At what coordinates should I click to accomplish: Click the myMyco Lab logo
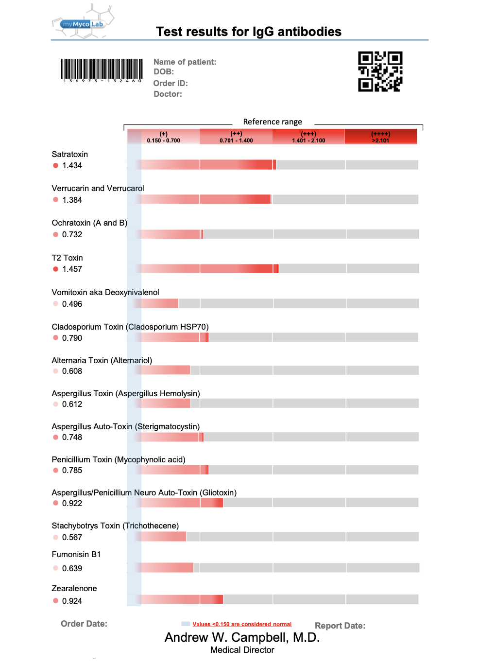pos(83,23)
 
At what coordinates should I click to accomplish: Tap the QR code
pos(380,71)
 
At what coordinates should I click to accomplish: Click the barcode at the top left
pos(102,70)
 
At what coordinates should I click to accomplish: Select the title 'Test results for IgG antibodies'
pos(248,32)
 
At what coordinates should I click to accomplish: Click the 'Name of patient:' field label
pos(185,62)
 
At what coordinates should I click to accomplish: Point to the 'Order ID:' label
pos(170,83)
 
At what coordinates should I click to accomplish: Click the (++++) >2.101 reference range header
pos(380,137)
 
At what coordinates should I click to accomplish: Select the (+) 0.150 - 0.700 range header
pos(163,137)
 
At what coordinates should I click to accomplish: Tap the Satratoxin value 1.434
pos(72,165)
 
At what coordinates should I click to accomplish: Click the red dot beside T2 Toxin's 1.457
pos(56,269)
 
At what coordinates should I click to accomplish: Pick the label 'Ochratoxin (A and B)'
pos(89,223)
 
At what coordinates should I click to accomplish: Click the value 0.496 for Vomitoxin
pos(72,304)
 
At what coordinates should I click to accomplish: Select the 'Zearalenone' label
pos(74,588)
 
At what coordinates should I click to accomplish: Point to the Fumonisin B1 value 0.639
pos(72,568)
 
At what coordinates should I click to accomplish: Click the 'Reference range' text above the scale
pos(272,122)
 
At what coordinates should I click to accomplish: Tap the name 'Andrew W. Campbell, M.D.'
pos(242,637)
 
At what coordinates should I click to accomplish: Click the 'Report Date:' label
pos(340,626)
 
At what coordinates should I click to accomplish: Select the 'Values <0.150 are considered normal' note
pos(242,624)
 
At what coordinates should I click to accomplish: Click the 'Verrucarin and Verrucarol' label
pos(98,188)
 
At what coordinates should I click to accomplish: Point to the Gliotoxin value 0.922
pos(72,503)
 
